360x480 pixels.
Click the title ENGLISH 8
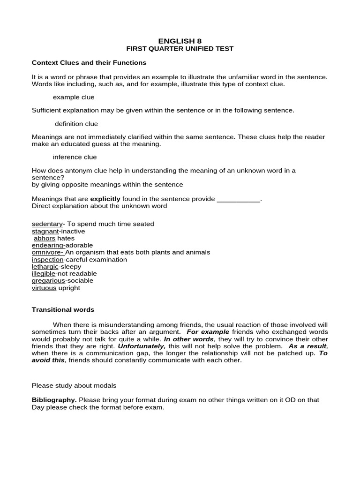tap(180, 41)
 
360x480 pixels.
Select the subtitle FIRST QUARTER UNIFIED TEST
tap(180, 49)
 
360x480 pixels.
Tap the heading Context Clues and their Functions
tap(89, 62)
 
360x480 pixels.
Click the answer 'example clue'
tap(74, 97)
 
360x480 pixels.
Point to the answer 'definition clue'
tap(76, 124)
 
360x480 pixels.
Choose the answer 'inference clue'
tap(75, 157)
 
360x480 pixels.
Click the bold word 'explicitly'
tap(105, 199)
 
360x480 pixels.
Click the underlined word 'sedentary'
tap(47, 224)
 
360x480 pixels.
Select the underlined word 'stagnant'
tap(45, 231)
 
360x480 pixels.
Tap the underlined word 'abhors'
tap(45, 238)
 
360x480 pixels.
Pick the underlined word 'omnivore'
tap(47, 252)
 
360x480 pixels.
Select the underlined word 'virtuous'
tap(44, 288)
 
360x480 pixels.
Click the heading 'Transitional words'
tap(63, 310)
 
